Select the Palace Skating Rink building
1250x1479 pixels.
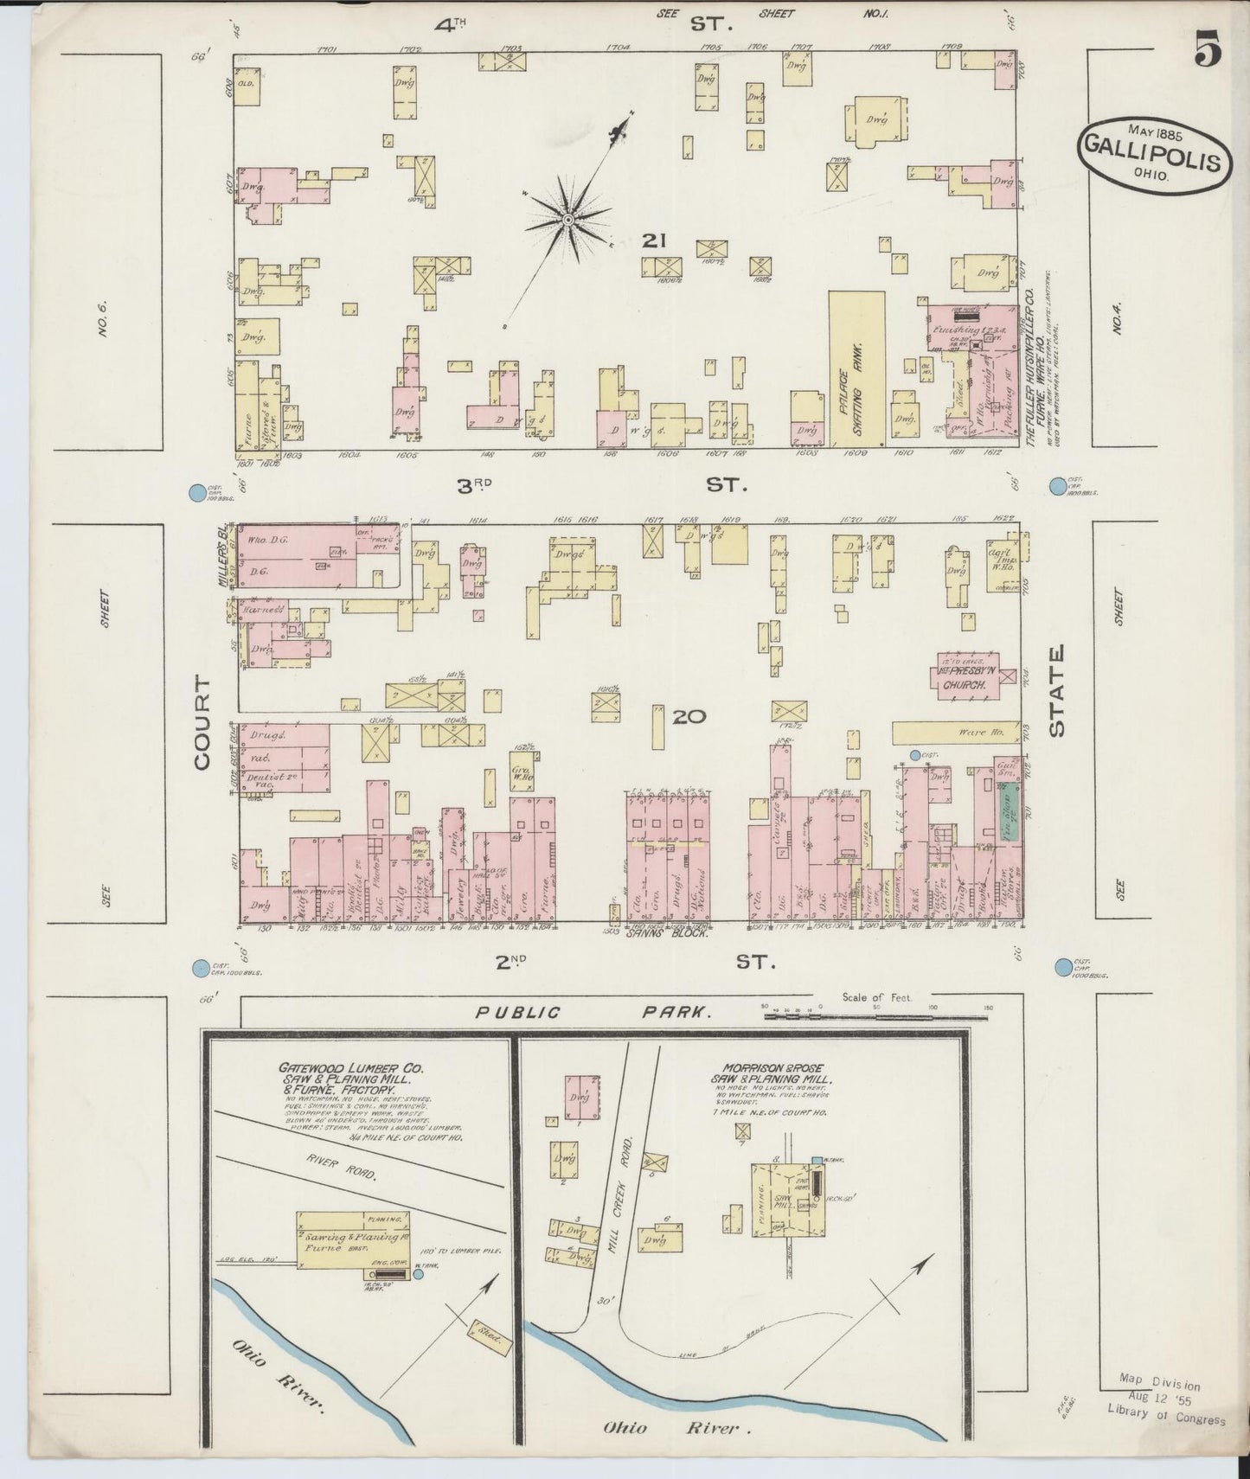click(856, 368)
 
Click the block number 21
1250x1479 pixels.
click(653, 241)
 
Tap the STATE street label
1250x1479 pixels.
click(1056, 692)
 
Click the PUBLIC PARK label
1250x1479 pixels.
click(590, 1012)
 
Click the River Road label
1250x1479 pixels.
click(342, 1167)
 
